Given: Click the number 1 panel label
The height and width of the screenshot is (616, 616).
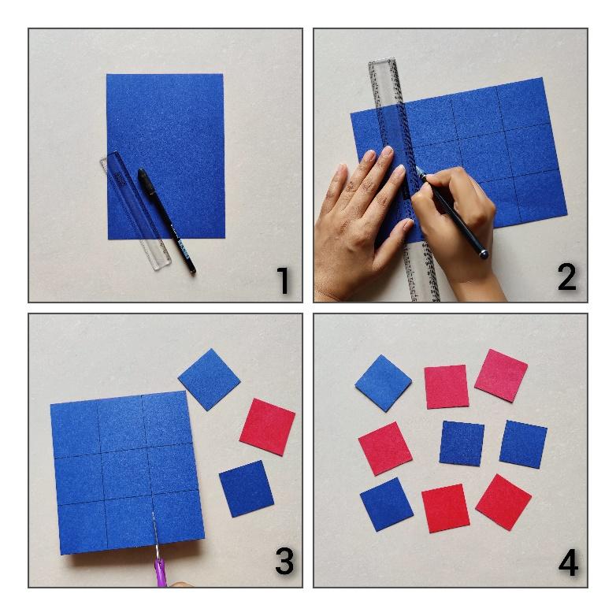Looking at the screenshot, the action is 284,280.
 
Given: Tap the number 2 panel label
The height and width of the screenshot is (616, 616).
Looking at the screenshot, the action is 567,277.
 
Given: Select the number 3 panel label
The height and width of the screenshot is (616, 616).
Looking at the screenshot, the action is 284,561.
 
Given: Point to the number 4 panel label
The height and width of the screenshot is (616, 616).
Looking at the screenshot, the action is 568,562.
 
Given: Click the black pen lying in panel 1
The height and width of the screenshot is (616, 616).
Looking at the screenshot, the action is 166,221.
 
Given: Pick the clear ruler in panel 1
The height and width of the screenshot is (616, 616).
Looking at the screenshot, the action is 135,211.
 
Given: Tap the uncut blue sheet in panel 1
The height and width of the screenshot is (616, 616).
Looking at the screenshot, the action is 165,156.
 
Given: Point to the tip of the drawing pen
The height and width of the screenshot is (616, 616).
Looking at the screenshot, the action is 416,166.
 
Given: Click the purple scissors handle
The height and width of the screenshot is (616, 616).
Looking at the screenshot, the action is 160,572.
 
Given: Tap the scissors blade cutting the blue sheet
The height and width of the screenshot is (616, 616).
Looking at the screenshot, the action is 154,535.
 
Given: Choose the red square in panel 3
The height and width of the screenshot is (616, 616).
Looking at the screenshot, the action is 267,427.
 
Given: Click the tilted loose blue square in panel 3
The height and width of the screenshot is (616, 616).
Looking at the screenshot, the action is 209,380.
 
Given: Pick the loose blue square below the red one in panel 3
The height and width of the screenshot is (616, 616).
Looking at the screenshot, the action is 247,488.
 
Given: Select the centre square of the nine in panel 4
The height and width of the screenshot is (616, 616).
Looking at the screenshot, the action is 462,443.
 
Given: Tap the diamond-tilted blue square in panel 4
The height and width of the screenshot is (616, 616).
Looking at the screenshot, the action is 383,383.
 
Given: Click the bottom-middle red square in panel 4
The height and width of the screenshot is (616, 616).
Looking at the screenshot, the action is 446,508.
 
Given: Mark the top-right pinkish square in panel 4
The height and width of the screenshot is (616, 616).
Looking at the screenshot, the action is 501,376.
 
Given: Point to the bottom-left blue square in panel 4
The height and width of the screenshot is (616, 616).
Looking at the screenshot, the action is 387,504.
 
